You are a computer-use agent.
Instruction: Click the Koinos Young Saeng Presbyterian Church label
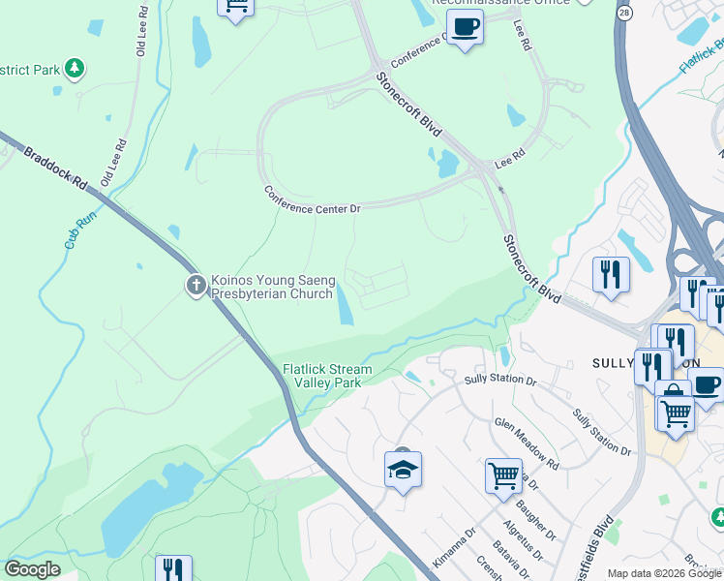[273, 287]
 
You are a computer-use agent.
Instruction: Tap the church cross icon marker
[196, 285]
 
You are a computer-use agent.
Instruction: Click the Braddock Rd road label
[55, 168]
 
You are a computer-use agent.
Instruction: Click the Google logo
[32, 569]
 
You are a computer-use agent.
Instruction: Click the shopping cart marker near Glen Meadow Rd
[503, 476]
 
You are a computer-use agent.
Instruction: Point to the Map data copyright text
[664, 573]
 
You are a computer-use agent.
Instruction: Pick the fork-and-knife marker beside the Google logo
[173, 567]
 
